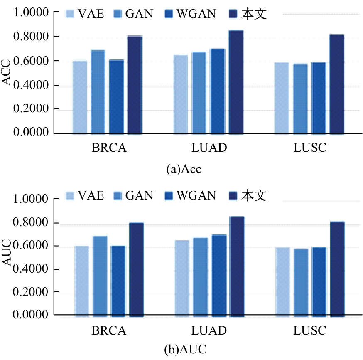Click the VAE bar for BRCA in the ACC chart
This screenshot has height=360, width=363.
click(x=80, y=97)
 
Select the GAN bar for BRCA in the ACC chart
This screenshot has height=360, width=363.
click(x=98, y=91)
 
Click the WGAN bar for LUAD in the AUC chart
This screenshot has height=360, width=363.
click(x=219, y=275)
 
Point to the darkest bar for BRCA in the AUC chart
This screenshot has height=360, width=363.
click(x=137, y=269)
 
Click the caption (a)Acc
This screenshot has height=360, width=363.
click(x=183, y=169)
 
